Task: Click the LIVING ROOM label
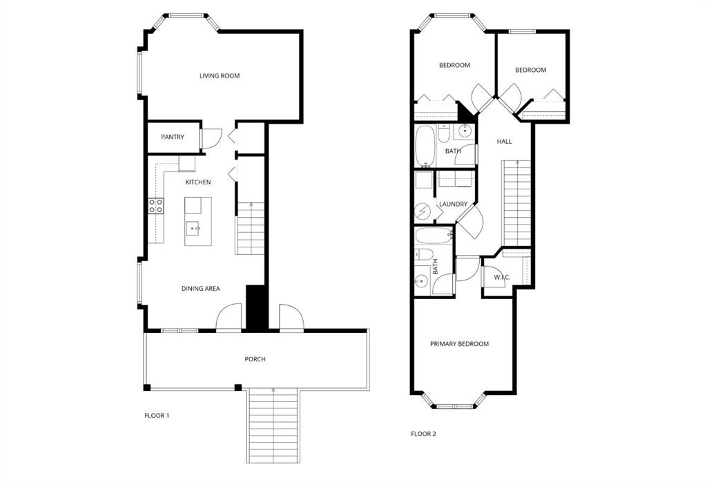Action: tap(220, 76)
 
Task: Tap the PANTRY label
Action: tap(173, 137)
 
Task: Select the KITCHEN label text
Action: tap(198, 182)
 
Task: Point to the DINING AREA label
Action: tap(201, 289)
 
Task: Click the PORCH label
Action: tap(255, 359)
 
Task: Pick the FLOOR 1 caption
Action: tap(157, 416)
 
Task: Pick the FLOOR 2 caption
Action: tap(423, 435)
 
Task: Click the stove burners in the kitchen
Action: tap(156, 206)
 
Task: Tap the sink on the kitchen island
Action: tap(194, 229)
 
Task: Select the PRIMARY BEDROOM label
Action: tap(459, 344)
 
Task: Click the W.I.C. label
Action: tap(502, 277)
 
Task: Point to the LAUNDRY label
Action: tap(453, 204)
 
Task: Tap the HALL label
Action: tap(504, 142)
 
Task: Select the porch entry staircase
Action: tap(273, 426)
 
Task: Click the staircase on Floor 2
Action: tap(517, 203)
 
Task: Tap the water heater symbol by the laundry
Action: tap(423, 211)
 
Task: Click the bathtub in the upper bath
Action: tap(425, 146)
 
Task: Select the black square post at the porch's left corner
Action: tap(147, 388)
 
